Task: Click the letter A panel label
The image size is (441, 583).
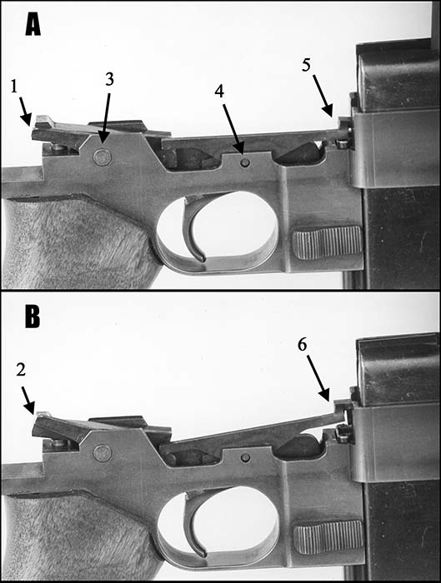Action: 33,25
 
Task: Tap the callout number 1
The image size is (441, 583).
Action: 14,87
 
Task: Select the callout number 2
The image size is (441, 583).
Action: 21,370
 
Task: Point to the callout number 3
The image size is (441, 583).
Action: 109,79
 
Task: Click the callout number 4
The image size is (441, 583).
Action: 219,91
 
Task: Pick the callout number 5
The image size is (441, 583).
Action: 306,66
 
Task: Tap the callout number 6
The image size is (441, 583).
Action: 302,345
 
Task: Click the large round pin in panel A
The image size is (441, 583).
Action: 103,157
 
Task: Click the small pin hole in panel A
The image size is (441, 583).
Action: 245,162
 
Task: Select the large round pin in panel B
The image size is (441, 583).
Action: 103,453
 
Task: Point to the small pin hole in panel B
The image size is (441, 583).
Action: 245,457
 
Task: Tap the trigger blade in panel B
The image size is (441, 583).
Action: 192,524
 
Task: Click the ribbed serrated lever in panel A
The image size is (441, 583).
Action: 328,242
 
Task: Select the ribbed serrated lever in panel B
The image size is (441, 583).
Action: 328,536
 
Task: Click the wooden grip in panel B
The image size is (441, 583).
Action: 74,536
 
